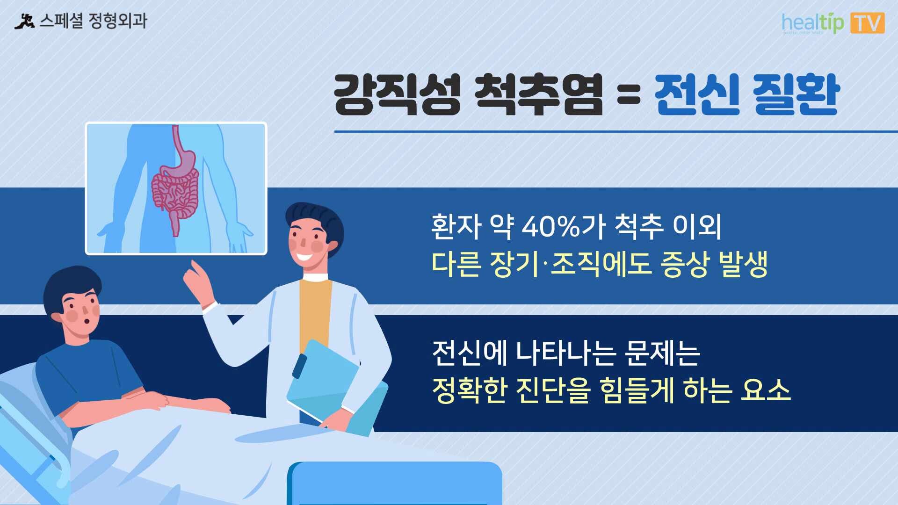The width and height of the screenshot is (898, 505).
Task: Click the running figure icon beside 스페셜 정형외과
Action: (24, 22)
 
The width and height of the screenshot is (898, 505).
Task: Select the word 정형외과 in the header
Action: (118, 21)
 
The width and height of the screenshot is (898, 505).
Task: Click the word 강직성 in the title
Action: (398, 94)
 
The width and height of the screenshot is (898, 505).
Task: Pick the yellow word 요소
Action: (766, 390)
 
